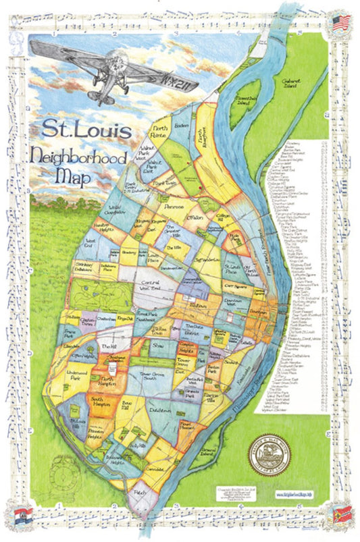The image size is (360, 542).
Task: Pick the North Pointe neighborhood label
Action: [x=159, y=132]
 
